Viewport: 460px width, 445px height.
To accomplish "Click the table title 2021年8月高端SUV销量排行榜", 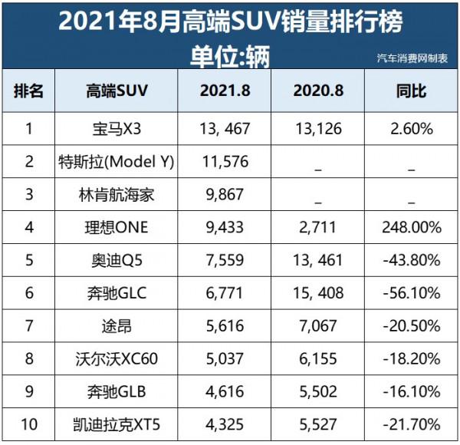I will pos(229,21).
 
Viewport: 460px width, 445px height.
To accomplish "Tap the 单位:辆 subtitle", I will pos(229,56).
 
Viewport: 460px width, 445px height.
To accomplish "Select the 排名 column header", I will pos(29,92).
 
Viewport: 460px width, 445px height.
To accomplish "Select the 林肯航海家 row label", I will pos(117,194).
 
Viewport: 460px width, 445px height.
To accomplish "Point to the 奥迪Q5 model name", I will pos(117,260).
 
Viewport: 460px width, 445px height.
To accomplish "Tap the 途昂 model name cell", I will pos(117,325).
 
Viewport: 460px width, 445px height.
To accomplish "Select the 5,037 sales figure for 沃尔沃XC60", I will pos(223,358).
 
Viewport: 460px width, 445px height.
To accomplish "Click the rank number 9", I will pos(29,391).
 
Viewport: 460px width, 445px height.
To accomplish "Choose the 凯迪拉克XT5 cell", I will pos(117,424).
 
